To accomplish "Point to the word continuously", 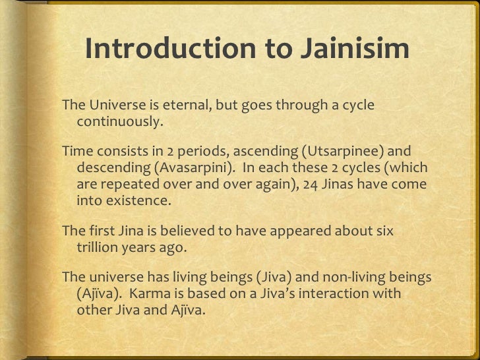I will coord(119,123).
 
